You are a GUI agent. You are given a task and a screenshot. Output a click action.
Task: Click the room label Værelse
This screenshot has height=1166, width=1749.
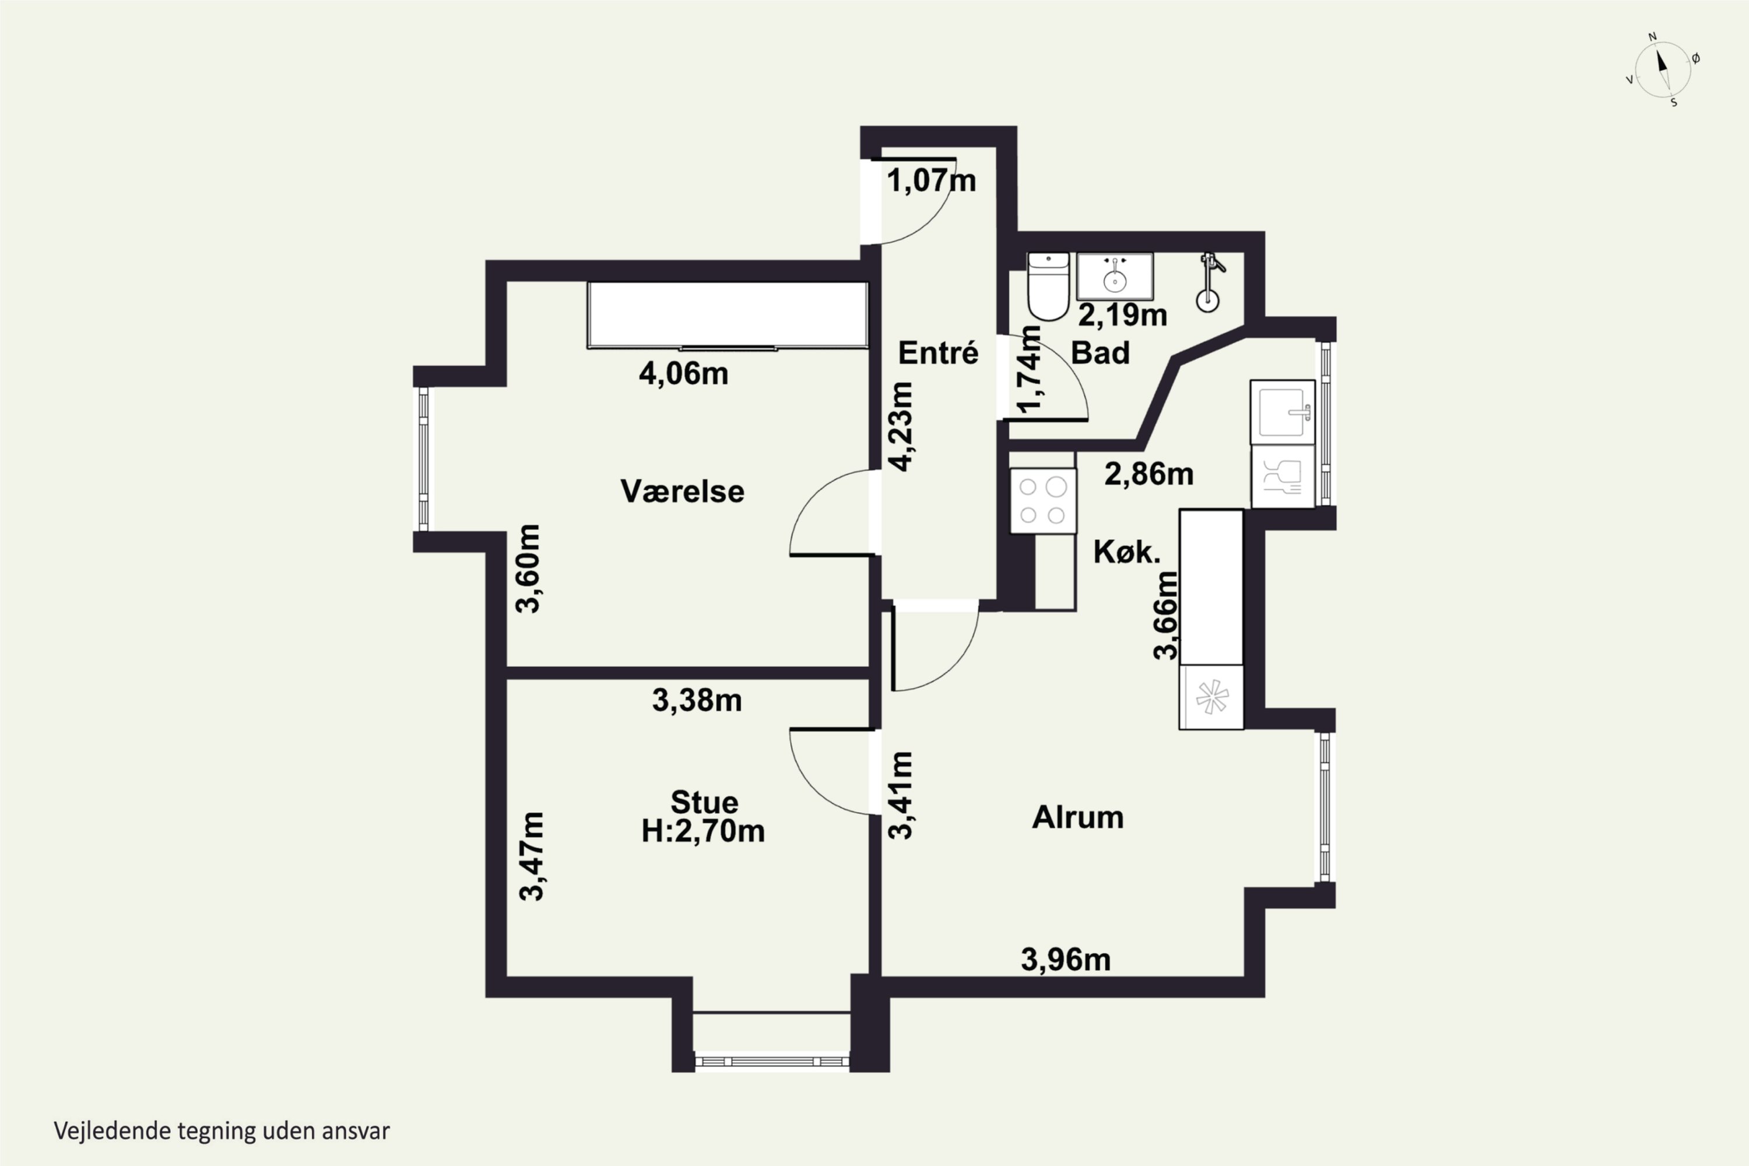tap(682, 491)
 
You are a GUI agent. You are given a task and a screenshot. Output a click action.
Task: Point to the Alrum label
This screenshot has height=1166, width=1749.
tap(1077, 818)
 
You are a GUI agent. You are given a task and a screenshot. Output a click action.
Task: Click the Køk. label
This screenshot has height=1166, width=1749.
tap(1126, 552)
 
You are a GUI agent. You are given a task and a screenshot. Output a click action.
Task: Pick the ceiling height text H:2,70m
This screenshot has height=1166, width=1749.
tap(703, 831)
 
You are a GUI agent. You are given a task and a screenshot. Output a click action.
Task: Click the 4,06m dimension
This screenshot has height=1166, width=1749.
tap(683, 373)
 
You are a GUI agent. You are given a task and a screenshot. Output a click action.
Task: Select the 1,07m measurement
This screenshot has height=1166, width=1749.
tap(931, 181)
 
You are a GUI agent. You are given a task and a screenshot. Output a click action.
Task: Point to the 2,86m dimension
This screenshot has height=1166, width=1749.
tap(1149, 473)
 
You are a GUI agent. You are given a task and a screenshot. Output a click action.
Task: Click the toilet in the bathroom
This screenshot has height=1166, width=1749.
tap(1048, 286)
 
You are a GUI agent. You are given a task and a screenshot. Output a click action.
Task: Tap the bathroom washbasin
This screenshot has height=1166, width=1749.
tap(1115, 276)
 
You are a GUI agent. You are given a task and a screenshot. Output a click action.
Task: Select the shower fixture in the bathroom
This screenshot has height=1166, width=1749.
tap(1209, 283)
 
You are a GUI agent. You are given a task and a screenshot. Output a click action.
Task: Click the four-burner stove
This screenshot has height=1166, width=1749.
tap(1042, 500)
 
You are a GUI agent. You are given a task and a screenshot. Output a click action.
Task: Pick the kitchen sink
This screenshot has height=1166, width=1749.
tap(1283, 412)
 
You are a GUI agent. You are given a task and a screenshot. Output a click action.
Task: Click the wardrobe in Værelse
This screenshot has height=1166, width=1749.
tap(727, 315)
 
